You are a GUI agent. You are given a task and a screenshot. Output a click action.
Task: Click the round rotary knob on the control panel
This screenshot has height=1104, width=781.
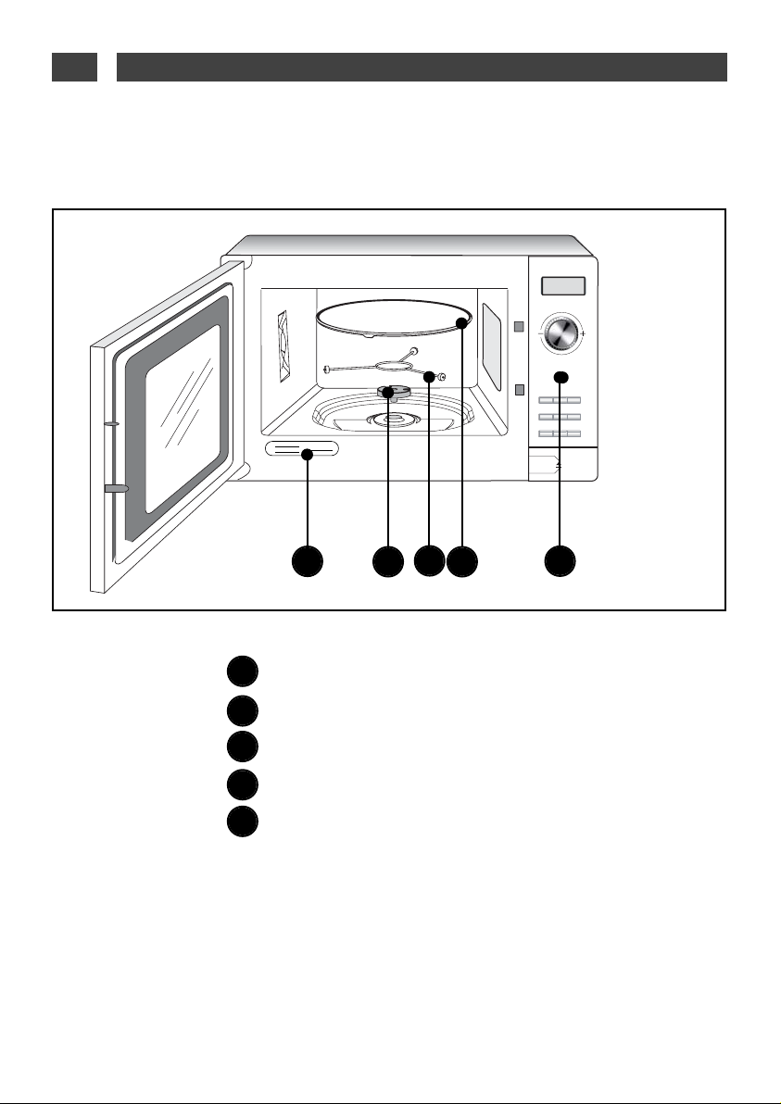[561, 332]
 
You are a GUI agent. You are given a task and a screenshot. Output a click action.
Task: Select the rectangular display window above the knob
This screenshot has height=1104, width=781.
[563, 288]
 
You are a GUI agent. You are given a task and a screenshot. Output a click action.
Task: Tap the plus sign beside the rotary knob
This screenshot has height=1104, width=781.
[583, 333]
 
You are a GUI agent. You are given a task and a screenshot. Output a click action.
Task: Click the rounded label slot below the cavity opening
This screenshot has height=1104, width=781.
[302, 449]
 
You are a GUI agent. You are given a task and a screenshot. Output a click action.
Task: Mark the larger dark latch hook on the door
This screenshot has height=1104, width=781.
[115, 488]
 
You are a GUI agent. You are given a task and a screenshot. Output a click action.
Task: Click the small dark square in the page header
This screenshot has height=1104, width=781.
[74, 68]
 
